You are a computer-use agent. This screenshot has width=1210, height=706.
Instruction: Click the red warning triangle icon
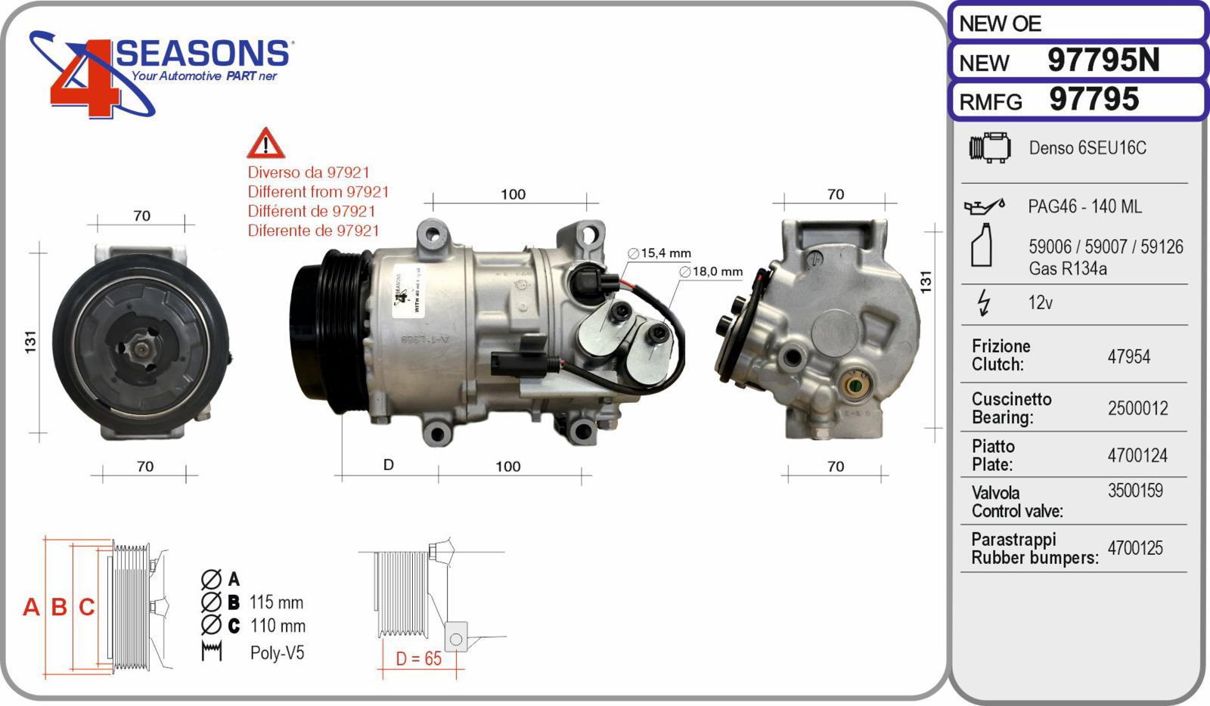pyautogui.click(x=265, y=144)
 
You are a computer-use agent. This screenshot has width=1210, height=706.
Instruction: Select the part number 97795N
pyautogui.click(x=1103, y=60)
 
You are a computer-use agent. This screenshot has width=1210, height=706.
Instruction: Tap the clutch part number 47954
pyautogui.click(x=1128, y=356)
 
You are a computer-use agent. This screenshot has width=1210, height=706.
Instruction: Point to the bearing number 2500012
pyautogui.click(x=1137, y=408)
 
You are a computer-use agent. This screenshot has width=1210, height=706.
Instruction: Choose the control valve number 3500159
pyautogui.click(x=1135, y=490)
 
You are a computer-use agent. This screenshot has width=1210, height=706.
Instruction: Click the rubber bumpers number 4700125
pyautogui.click(x=1135, y=548)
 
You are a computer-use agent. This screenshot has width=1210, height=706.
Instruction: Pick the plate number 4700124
pyautogui.click(x=1137, y=456)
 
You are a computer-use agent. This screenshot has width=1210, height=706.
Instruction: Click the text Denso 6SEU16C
pyautogui.click(x=1087, y=147)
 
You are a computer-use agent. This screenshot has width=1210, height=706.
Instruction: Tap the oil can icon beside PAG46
pyautogui.click(x=984, y=206)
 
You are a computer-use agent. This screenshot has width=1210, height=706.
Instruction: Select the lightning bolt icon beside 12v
pyautogui.click(x=984, y=302)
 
